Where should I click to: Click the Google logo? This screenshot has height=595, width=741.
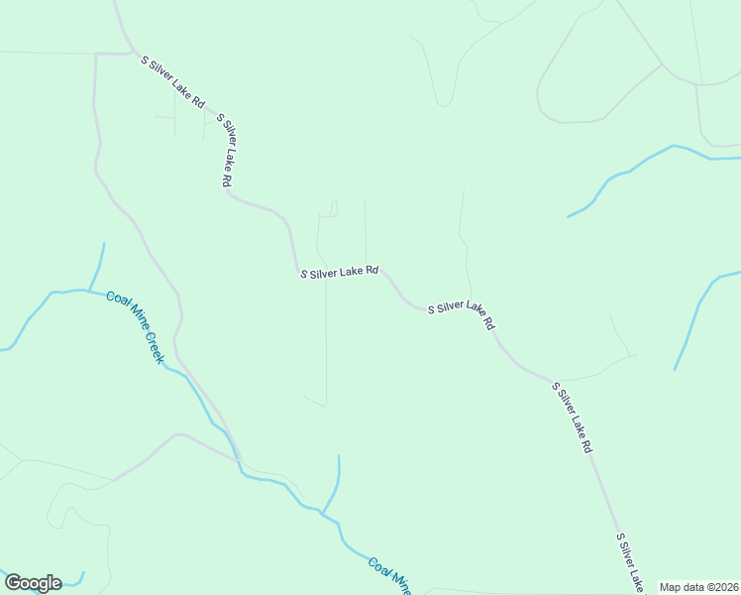pyautogui.click(x=33, y=583)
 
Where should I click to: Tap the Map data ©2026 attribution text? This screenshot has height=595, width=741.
pyautogui.click(x=699, y=587)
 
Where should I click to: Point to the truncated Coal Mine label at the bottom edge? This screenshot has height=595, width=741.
pyautogui.click(x=389, y=575)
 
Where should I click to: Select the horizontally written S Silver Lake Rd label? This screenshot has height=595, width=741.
pyautogui.click(x=340, y=272)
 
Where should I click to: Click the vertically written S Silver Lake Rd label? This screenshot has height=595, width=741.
pyautogui.click(x=225, y=150)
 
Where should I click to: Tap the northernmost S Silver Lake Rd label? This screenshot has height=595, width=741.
pyautogui.click(x=173, y=81)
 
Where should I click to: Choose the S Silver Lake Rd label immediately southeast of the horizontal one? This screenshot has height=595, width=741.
pyautogui.click(x=461, y=315)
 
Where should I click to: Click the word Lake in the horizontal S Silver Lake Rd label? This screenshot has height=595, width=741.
pyautogui.click(x=353, y=272)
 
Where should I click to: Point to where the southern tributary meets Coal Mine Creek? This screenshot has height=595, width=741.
pyautogui.click(x=320, y=513)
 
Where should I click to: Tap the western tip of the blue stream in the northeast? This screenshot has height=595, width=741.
pyautogui.click(x=568, y=215)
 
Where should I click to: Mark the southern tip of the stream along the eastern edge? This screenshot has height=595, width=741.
pyautogui.click(x=676, y=370)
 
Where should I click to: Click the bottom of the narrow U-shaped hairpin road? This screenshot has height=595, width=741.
pyautogui.click(x=445, y=104)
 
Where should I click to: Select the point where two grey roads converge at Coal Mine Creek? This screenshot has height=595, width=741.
pyautogui.click(x=239, y=460)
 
